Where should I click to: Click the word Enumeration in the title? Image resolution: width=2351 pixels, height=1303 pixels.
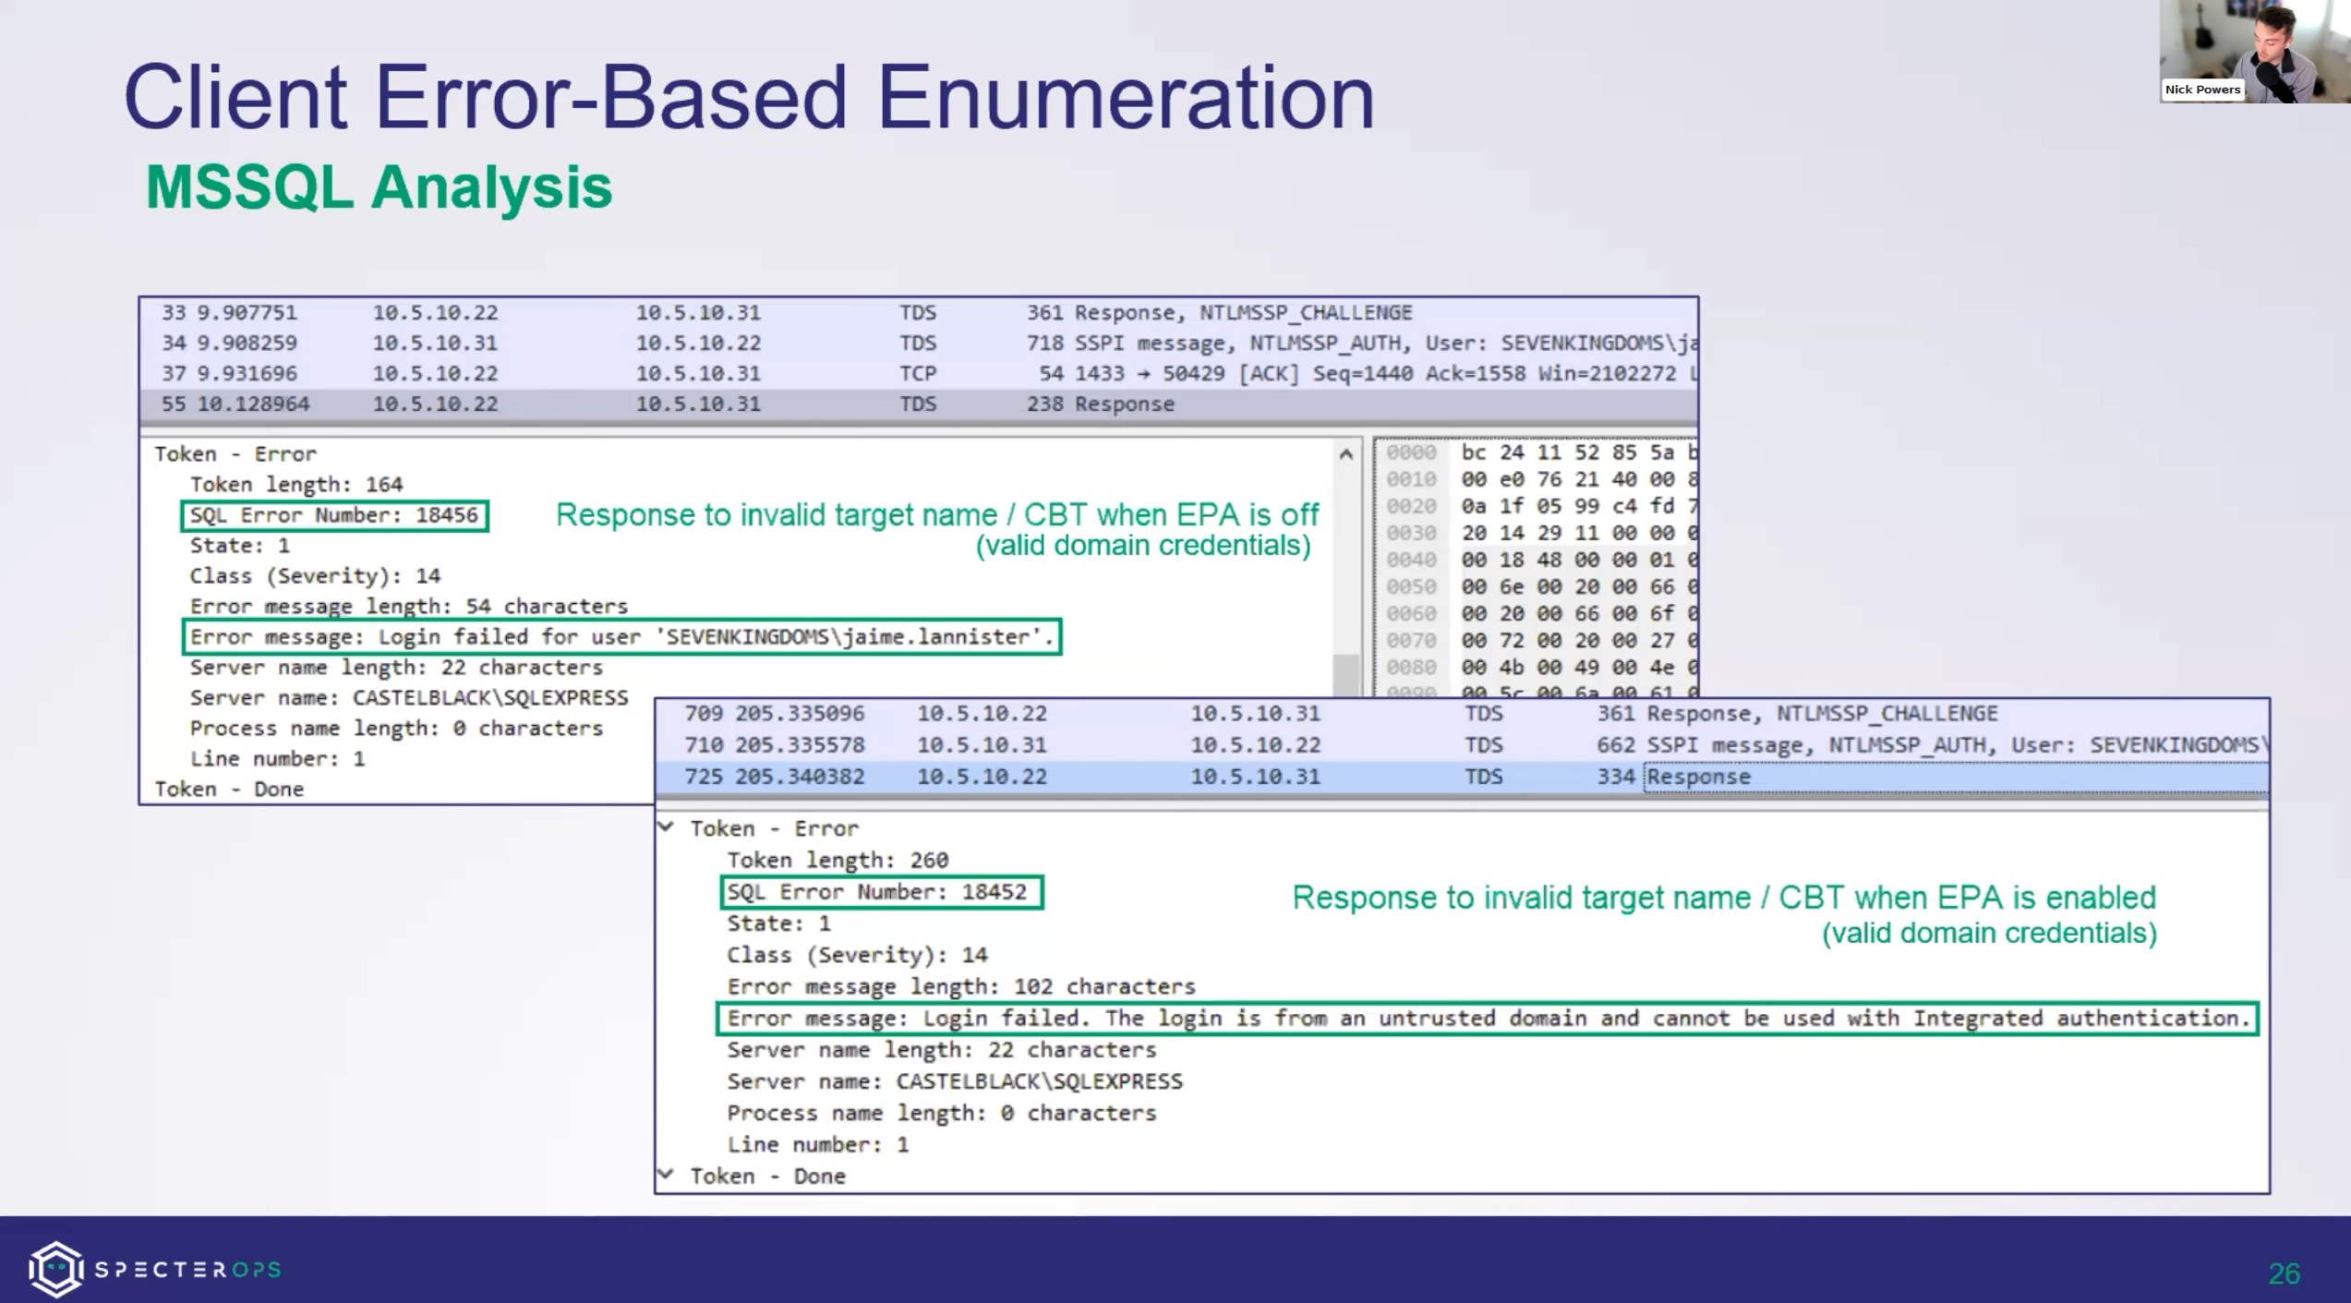[x=1125, y=98]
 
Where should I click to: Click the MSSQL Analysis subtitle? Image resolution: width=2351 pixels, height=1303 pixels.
[x=379, y=187]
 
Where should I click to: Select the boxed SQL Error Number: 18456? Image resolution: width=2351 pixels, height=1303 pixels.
[x=334, y=515]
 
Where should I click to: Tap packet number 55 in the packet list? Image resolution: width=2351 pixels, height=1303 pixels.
[x=173, y=404]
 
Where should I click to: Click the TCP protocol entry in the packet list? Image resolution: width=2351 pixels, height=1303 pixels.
[x=918, y=374]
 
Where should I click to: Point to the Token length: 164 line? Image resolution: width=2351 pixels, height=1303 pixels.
[x=295, y=485]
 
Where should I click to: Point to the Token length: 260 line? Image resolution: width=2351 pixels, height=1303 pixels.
[x=837, y=861]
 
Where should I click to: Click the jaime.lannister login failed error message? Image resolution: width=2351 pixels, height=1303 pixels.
[x=621, y=637]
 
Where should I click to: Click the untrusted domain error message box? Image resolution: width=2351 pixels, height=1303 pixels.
[x=1487, y=1019]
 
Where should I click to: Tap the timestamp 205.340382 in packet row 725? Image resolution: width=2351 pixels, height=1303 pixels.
[x=800, y=777]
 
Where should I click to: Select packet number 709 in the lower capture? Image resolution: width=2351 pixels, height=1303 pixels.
[x=703, y=714]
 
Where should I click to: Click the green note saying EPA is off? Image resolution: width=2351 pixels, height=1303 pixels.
[x=936, y=529]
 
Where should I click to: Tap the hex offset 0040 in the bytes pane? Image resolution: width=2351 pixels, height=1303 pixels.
[x=1410, y=561]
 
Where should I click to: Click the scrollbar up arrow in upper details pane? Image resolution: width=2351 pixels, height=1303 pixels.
[x=1345, y=454]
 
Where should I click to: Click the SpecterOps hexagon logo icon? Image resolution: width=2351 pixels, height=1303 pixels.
[x=55, y=1269]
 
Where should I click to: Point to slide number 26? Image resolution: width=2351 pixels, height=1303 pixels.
[x=2283, y=1273]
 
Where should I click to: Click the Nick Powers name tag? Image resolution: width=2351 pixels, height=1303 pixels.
[x=2201, y=90]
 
